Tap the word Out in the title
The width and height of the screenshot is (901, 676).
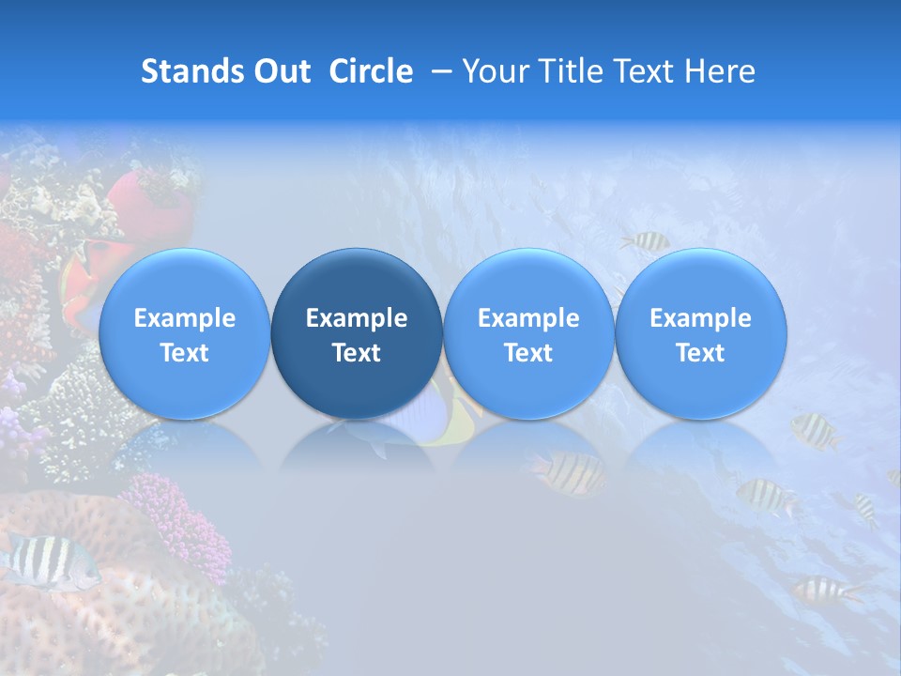[x=279, y=72]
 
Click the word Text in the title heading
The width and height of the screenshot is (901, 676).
[x=645, y=72]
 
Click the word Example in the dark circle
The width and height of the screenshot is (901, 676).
[x=357, y=318]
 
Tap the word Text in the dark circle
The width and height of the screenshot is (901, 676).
[x=357, y=353]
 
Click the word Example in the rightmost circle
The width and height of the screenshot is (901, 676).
[x=701, y=318]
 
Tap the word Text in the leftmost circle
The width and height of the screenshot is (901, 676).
[x=184, y=353]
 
